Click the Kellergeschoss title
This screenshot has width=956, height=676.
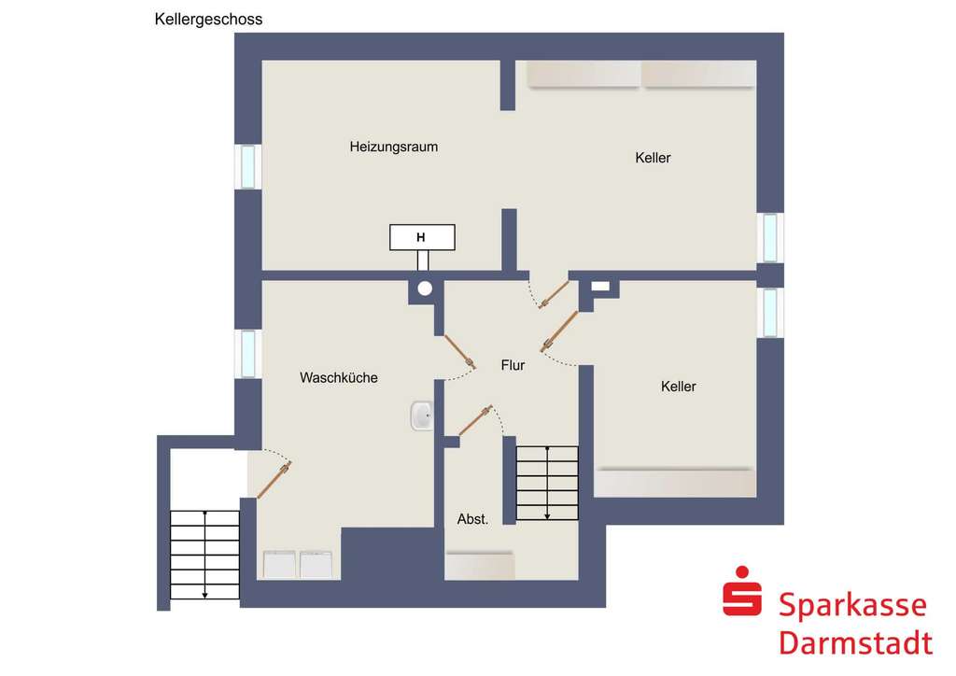pyautogui.click(x=208, y=19)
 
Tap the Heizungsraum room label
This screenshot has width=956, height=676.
pyautogui.click(x=393, y=147)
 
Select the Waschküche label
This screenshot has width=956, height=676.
pyautogui.click(x=338, y=378)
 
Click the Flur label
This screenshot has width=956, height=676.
pyautogui.click(x=513, y=365)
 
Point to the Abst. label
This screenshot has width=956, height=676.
pyautogui.click(x=472, y=519)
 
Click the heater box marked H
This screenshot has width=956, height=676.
pyautogui.click(x=422, y=238)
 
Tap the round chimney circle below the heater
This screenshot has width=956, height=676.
pyautogui.click(x=426, y=289)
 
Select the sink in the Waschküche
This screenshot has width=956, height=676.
pyautogui.click(x=421, y=416)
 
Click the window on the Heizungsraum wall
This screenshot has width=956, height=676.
pyautogui.click(x=248, y=166)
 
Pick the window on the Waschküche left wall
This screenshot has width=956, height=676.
pyautogui.click(x=248, y=353)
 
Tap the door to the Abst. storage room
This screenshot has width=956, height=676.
pyautogui.click(x=475, y=421)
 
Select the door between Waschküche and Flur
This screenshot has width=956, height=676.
pyautogui.click(x=458, y=353)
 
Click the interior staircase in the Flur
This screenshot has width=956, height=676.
pyautogui.click(x=547, y=483)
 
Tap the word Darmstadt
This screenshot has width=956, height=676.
pyautogui.click(x=854, y=643)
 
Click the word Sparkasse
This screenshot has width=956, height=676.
pyautogui.click(x=852, y=605)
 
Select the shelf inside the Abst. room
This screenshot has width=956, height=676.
pyautogui.click(x=480, y=565)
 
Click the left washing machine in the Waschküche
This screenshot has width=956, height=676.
pyautogui.click(x=280, y=564)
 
